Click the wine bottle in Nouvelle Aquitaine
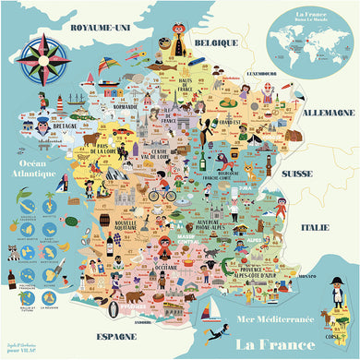[109, 245]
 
